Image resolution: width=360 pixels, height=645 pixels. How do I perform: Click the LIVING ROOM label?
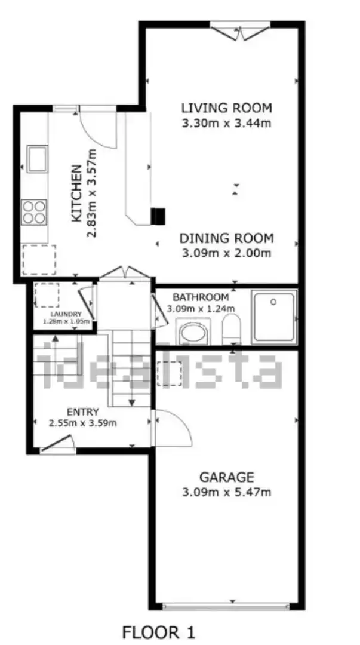(x=227, y=108)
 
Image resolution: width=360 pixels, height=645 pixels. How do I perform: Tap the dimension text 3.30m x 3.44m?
(x=227, y=123)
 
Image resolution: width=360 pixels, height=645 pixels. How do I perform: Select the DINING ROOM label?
(x=227, y=238)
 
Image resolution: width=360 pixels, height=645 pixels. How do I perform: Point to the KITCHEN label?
(x=76, y=193)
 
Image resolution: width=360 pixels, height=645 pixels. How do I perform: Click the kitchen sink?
(x=37, y=159)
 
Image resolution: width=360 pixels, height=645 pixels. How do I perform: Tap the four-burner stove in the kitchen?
(x=34, y=212)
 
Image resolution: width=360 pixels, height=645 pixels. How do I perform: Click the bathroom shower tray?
(x=275, y=317)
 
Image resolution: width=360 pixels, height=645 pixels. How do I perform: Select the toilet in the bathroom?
(x=231, y=329)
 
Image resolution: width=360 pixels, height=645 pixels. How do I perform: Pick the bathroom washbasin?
(x=193, y=331)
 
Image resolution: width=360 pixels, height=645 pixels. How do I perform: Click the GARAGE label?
(x=227, y=477)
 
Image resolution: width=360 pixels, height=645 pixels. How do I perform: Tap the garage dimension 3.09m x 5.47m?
(x=227, y=492)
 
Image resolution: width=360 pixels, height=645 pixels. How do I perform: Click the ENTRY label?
(x=83, y=411)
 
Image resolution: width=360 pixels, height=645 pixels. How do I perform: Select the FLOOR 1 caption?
(x=159, y=632)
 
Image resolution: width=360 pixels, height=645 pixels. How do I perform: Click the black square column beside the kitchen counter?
(x=158, y=216)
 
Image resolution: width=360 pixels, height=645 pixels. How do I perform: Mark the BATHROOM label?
(x=201, y=297)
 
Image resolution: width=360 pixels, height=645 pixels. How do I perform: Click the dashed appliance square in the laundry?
(x=47, y=296)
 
